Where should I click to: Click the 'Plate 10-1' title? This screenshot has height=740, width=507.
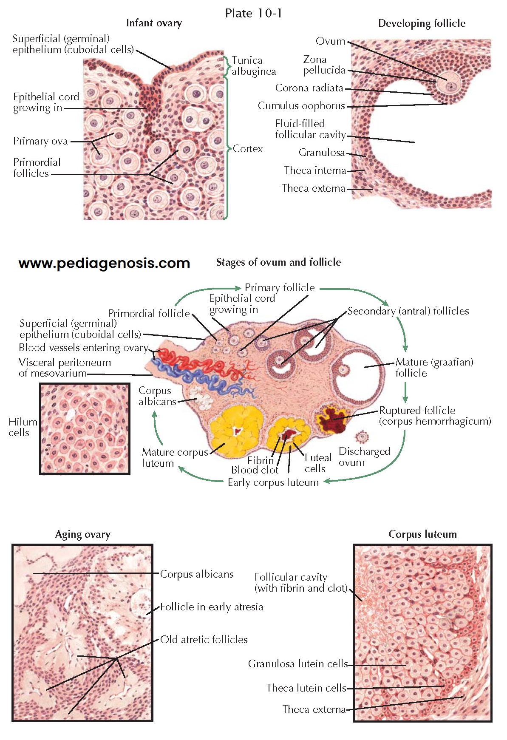point(253,14)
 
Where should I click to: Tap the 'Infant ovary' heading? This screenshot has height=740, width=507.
point(154,23)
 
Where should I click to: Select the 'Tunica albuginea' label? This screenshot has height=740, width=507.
point(253,66)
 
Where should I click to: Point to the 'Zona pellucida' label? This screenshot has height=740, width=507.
point(324,65)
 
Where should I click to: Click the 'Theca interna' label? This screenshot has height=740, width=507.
point(315,170)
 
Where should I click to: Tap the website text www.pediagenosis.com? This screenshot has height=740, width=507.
point(104,263)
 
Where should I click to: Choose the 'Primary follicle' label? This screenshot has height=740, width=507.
point(280,288)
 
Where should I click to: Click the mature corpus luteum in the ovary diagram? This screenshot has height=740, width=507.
point(236,431)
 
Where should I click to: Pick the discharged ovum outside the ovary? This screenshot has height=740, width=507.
point(362,437)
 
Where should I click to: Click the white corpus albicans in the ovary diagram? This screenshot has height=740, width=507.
point(201,397)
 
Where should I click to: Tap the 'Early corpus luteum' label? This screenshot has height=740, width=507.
point(273,482)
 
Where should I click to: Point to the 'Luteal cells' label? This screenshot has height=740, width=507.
point(317,463)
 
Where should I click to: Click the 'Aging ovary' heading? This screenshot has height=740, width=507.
point(83,534)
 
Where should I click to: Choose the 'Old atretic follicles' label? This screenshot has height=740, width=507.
point(204,639)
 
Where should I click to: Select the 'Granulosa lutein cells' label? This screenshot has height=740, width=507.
point(298,664)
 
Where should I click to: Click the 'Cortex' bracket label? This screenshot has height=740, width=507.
point(248,149)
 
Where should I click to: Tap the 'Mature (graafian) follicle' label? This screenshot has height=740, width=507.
point(434,367)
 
